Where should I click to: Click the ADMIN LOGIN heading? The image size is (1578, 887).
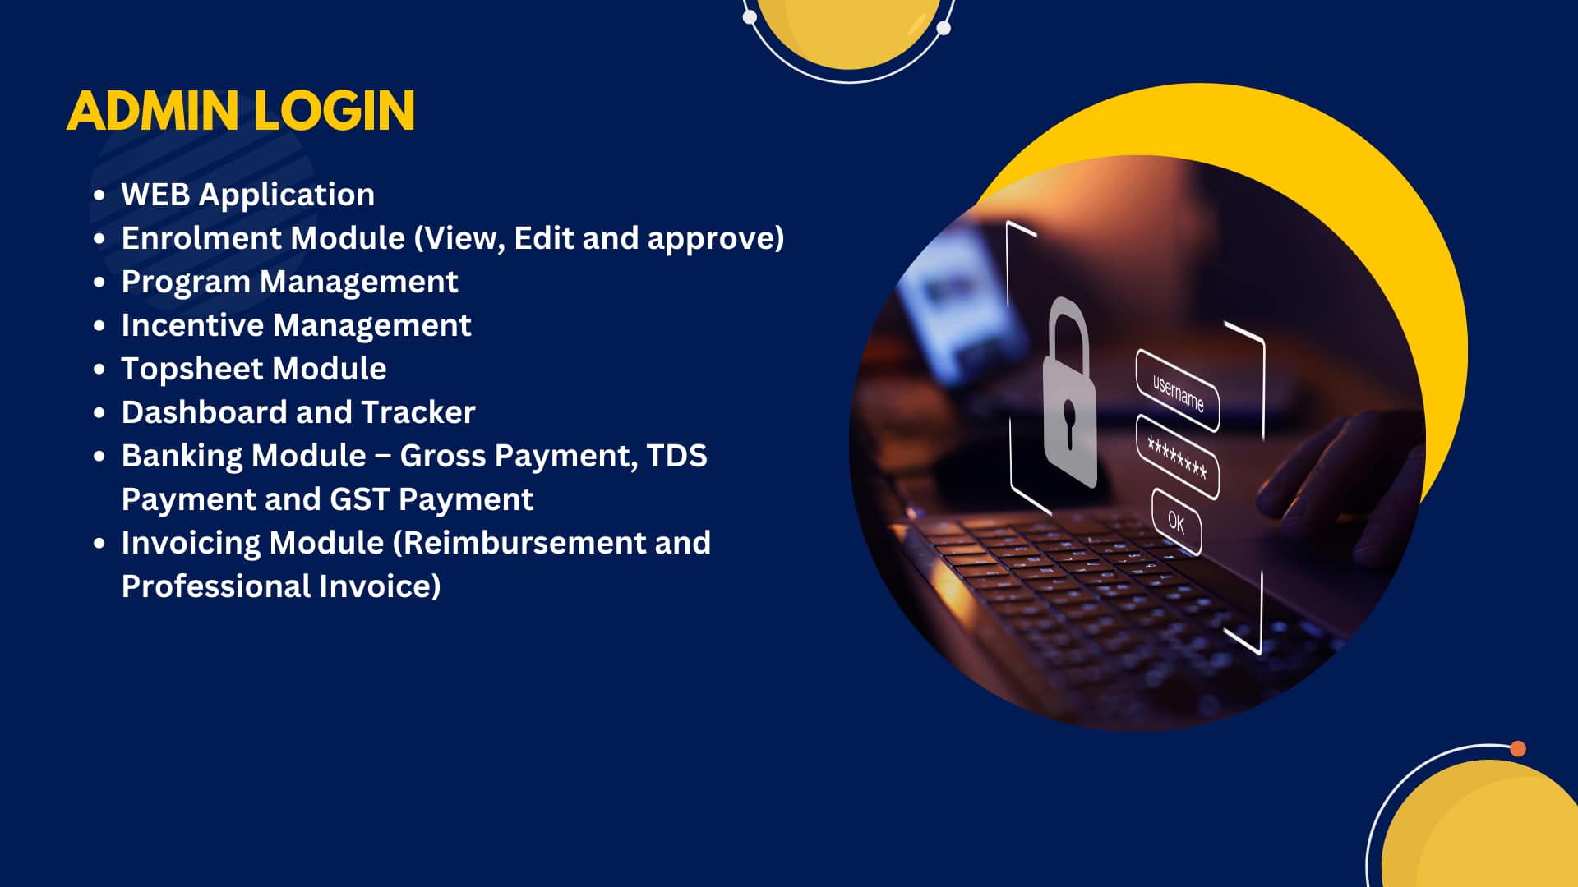(241, 111)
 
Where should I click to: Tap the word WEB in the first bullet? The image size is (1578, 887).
(156, 195)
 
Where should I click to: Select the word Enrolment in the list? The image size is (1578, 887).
(201, 238)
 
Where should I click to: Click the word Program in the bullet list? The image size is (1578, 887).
(186, 283)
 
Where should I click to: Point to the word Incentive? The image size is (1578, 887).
(192, 325)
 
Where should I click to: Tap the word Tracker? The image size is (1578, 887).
(418, 412)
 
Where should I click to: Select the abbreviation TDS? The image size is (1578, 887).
(676, 456)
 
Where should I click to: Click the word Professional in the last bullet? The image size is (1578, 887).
(216, 586)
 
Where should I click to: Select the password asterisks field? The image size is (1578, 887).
(1177, 457)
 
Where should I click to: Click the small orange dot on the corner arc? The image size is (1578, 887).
(1518, 748)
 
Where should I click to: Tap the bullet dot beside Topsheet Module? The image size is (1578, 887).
(99, 370)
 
